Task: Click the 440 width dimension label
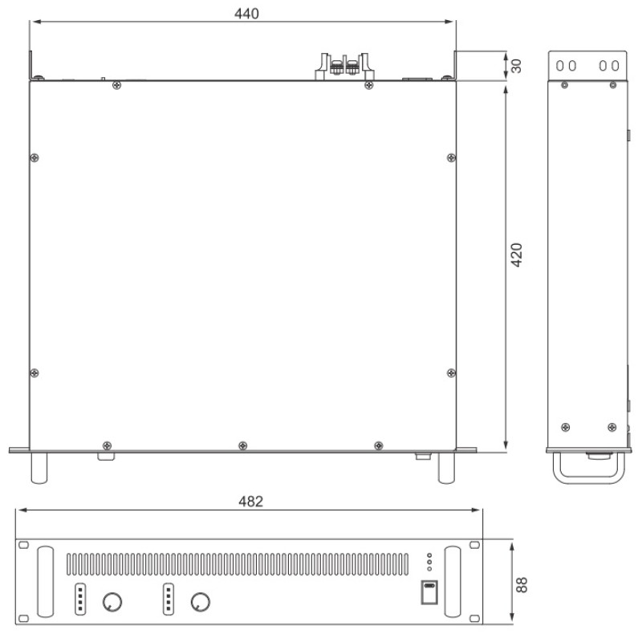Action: click(x=246, y=14)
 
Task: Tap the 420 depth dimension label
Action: click(x=516, y=254)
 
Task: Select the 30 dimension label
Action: click(x=516, y=66)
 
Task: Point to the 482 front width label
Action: click(x=250, y=501)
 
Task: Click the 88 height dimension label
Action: click(x=521, y=585)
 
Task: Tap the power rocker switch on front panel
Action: click(x=429, y=592)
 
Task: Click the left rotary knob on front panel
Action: click(x=112, y=602)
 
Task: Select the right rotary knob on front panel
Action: click(x=200, y=602)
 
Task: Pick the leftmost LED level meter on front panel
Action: click(x=80, y=599)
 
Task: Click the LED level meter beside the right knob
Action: click(x=169, y=599)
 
